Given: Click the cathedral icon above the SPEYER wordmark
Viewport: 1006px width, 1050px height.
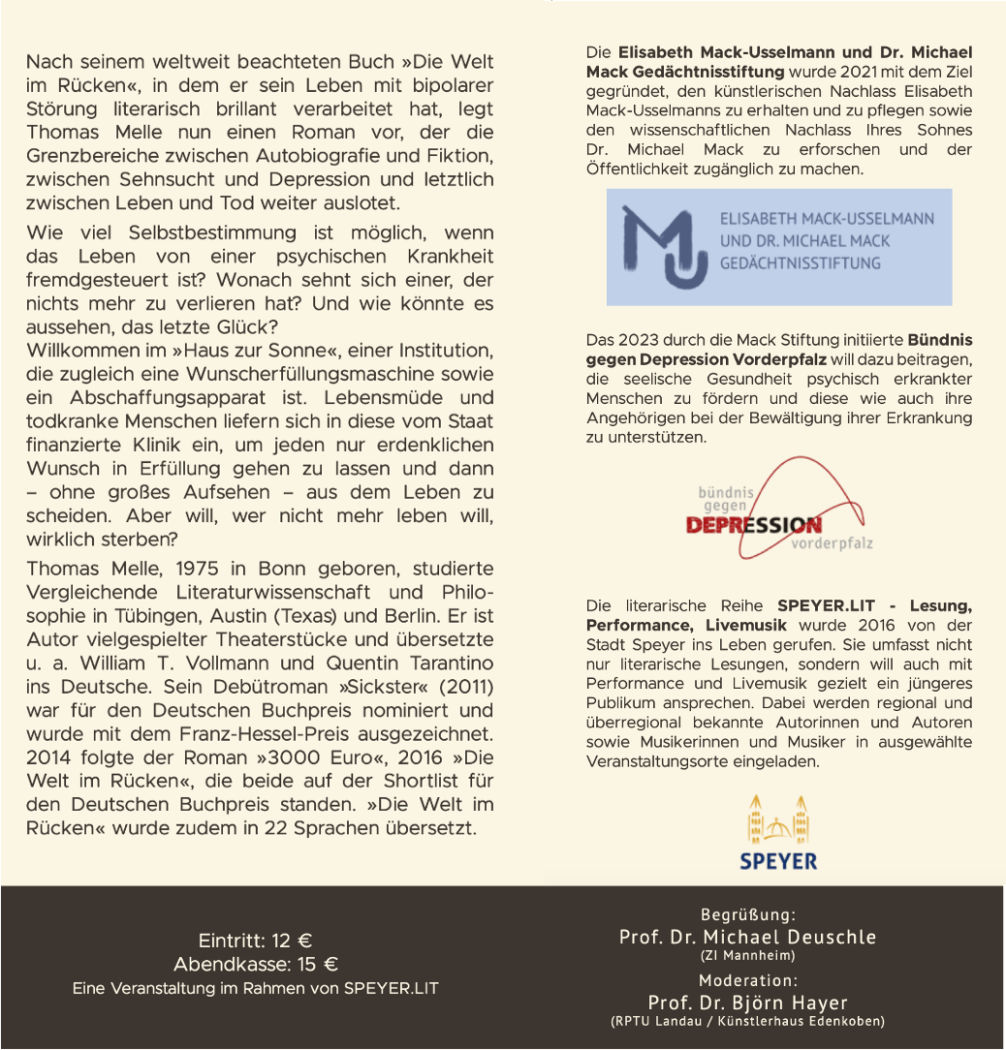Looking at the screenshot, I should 778,820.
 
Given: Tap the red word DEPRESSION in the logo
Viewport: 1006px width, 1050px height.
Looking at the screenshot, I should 753,525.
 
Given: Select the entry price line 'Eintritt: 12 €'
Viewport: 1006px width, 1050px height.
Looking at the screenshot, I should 255,941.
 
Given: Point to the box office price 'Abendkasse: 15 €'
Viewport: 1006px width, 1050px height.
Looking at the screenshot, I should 255,965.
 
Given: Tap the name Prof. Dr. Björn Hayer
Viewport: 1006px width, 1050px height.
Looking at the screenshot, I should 747,1003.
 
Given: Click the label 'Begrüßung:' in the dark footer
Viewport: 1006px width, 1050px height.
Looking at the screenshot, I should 747,914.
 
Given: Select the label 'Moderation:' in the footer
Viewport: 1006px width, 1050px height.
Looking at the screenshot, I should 747,980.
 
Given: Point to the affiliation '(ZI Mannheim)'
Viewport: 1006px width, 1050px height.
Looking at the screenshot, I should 747,955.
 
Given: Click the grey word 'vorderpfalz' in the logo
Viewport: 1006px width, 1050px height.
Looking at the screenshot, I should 832,543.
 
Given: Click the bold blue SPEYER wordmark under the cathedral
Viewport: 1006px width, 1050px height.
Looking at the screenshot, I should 778,861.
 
